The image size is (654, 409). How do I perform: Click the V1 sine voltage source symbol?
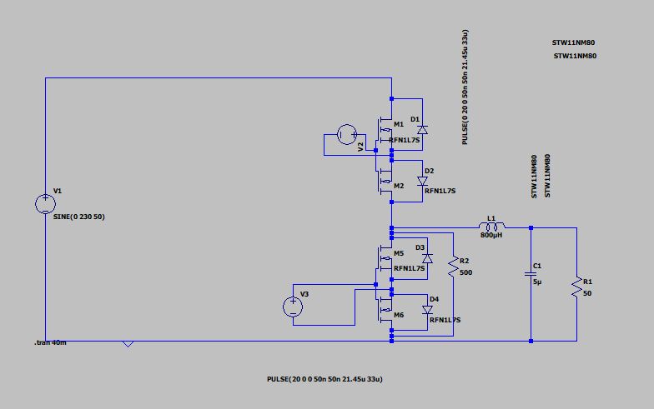46,204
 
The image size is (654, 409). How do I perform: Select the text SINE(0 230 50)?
78,217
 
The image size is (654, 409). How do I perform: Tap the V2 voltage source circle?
347,134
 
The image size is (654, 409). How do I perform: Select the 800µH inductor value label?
491,236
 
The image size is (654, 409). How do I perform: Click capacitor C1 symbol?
530,272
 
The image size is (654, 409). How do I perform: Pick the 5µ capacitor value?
537,282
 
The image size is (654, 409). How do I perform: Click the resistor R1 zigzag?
576,287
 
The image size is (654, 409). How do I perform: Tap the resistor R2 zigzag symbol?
453,267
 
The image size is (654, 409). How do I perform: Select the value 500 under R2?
465,272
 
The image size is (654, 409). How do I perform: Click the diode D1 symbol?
422,129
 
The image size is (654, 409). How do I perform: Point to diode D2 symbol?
422,181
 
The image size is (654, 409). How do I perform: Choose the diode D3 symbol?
428,258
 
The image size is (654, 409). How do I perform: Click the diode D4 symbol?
427,309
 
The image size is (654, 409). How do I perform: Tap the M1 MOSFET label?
398,124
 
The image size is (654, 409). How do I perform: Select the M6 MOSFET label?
399,314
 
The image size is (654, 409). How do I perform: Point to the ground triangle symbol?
128,344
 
